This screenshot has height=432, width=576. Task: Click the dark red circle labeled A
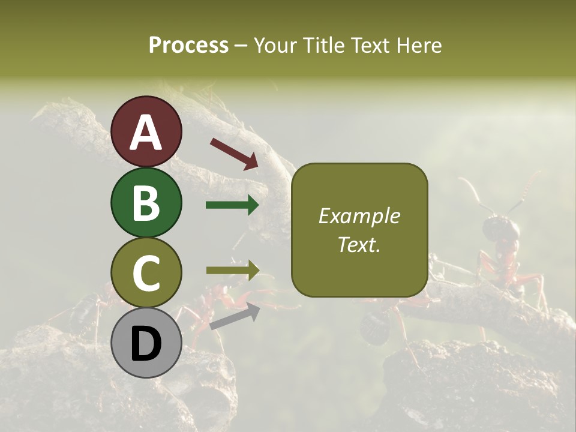146,131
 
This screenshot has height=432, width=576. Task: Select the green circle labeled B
146,202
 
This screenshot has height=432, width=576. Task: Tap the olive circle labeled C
146,272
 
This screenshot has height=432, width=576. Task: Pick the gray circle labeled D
146,343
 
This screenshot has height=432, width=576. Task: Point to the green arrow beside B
232,205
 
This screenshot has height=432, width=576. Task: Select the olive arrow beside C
232,271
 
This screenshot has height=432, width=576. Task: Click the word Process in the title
188,45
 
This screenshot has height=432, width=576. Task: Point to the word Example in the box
359,216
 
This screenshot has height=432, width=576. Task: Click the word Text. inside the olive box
359,244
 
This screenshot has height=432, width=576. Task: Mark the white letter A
146,133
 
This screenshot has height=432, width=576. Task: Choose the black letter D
146,344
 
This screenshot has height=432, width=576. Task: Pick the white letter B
146,203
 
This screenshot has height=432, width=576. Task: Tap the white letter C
146,273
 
